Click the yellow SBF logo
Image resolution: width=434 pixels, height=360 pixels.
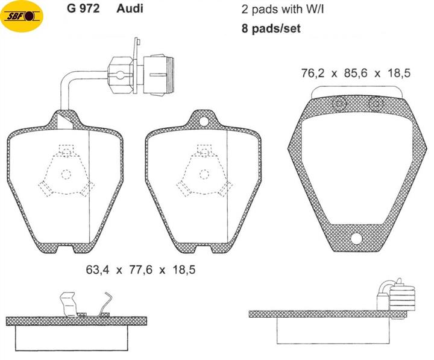coord(22,16)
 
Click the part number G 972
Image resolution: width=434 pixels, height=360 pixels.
coord(83,8)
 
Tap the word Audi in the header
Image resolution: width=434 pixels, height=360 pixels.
coord(130,8)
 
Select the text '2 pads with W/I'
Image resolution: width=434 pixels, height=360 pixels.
coord(283,10)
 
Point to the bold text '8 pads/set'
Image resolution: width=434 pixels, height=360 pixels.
coord(271,28)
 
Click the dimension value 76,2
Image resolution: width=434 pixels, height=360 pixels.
coord(313,73)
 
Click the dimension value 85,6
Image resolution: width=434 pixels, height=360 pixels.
coord(356,73)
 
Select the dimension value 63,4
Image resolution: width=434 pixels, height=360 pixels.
coord(98,270)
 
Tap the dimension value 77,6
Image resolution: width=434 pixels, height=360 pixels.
coord(140,270)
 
